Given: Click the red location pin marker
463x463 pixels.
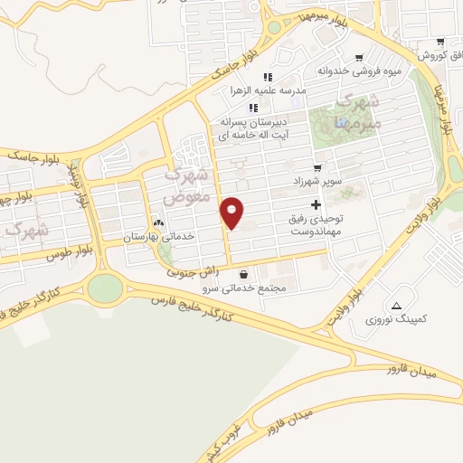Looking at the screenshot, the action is (233, 213).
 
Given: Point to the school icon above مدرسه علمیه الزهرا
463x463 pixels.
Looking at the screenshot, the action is (267, 76).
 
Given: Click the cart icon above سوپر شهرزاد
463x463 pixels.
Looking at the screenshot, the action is (317, 168).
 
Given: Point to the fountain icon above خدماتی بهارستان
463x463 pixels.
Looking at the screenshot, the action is (159, 222).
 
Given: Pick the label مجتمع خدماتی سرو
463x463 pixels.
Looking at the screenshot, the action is (246, 288).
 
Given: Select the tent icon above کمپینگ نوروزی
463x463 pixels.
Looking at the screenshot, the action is (397, 303).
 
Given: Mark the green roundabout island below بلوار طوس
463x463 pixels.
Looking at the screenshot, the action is (105, 288).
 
